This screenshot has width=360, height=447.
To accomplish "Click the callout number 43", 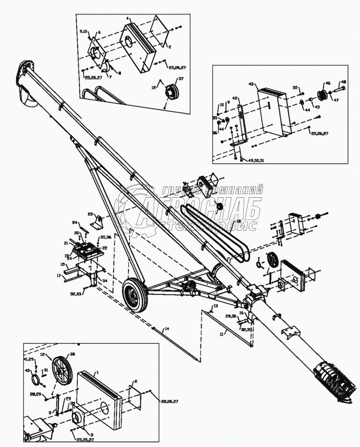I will pyautogui.click(x=251, y=84).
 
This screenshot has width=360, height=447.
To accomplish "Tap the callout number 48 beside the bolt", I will pyautogui.click(x=343, y=81).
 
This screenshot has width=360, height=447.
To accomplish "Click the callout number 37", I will pyautogui.click(x=181, y=79).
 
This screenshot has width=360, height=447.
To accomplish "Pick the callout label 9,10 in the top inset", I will pyautogui.click(x=84, y=31).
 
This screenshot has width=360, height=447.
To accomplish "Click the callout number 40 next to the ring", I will pyautogui.click(x=28, y=371).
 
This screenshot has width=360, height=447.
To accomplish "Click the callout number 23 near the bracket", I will pyautogui.click(x=90, y=213).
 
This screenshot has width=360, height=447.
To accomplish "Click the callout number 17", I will pyautogui.click(x=59, y=275).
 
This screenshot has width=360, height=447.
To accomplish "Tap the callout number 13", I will pyautogui.click(x=215, y=305).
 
